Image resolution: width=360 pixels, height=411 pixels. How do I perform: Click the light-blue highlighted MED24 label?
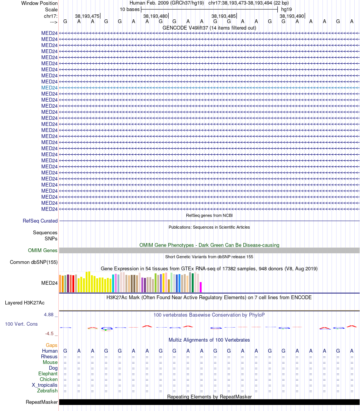[x=49, y=88]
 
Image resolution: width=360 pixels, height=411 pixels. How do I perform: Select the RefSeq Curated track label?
[x=40, y=221]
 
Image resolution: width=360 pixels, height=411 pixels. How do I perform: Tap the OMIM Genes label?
[x=43, y=250]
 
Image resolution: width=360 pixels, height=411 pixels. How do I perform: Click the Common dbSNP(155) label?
[x=34, y=262]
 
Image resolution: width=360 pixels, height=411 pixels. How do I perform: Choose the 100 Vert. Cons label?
[x=21, y=324]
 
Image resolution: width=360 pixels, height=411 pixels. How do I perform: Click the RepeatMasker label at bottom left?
[x=42, y=402]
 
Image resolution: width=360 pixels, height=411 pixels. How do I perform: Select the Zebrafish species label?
[x=47, y=391]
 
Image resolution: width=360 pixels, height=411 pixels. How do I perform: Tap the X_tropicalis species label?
[x=45, y=385]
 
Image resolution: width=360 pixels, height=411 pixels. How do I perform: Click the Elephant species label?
[x=48, y=373]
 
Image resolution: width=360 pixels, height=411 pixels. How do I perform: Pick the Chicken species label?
[x=49, y=379]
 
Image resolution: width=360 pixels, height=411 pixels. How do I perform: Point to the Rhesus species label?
[x=49, y=356]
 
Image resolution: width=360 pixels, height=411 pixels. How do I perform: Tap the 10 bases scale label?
[x=130, y=9]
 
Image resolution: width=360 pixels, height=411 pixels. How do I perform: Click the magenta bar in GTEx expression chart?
[x=201, y=287]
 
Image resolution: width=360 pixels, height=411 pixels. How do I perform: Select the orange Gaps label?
[x=52, y=345]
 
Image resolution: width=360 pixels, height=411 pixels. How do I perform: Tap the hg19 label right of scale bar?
[x=286, y=9]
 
